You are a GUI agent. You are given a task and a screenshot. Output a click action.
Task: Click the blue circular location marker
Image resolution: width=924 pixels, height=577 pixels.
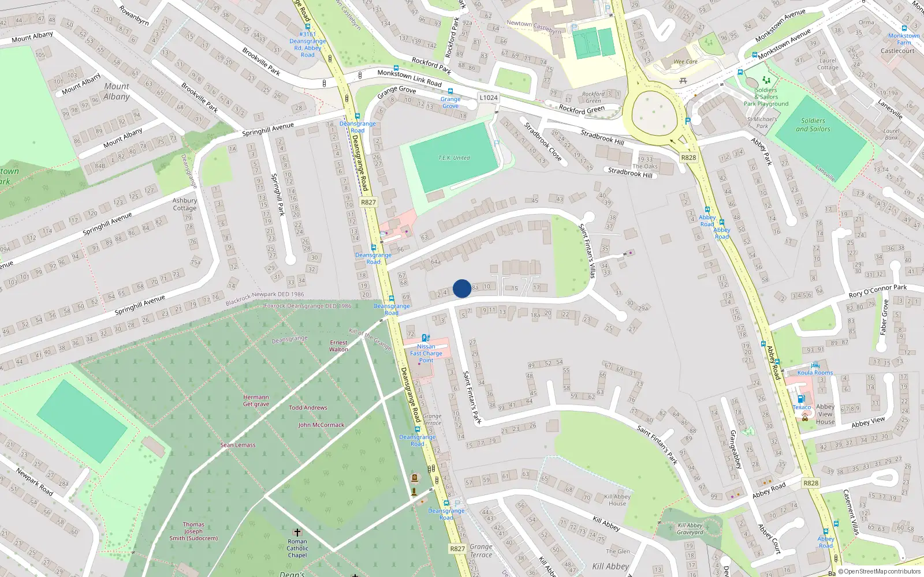pos(462,288)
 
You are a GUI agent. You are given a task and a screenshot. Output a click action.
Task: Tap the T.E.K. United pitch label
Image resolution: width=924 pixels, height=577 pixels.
pos(454,158)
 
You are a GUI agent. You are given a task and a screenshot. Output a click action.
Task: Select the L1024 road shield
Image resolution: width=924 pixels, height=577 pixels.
pos(489,98)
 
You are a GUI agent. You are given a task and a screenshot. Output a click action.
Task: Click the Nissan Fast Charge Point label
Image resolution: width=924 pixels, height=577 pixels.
pos(426,353)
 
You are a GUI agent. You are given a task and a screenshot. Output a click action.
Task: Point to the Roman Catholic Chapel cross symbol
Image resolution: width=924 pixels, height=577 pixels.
pos(297,532)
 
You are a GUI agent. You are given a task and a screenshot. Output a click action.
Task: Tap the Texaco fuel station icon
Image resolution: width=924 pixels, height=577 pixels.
pos(801,399)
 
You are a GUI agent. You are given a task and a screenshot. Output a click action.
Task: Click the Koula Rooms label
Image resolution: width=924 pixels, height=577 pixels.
pos(815,373)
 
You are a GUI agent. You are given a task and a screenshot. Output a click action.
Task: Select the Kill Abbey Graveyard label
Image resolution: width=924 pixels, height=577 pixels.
pos(690,529)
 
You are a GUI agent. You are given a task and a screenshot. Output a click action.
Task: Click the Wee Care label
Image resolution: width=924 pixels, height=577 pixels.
pos(685,62)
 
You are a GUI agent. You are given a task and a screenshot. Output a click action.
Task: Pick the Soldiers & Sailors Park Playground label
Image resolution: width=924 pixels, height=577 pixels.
pos(766,97)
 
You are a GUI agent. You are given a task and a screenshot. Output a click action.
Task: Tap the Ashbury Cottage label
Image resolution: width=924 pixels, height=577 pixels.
pos(185,204)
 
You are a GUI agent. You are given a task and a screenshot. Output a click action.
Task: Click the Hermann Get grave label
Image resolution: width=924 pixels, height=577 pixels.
pos(256,400)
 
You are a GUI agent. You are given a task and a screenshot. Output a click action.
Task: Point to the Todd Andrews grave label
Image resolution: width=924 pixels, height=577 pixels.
pos(308,407)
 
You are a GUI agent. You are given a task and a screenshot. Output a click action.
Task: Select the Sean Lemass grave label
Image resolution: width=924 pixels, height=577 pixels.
pos(237,445)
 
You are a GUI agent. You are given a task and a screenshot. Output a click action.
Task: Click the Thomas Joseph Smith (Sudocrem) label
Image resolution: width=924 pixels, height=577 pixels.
pos(193,531)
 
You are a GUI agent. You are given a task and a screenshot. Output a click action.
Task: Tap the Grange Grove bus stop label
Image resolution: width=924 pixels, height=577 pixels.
pos(450,103)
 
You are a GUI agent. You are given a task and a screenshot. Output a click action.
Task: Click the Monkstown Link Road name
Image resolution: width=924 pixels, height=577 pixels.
pos(409,78)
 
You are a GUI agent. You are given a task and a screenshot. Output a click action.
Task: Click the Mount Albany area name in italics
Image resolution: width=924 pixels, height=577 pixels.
pos(117,91)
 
